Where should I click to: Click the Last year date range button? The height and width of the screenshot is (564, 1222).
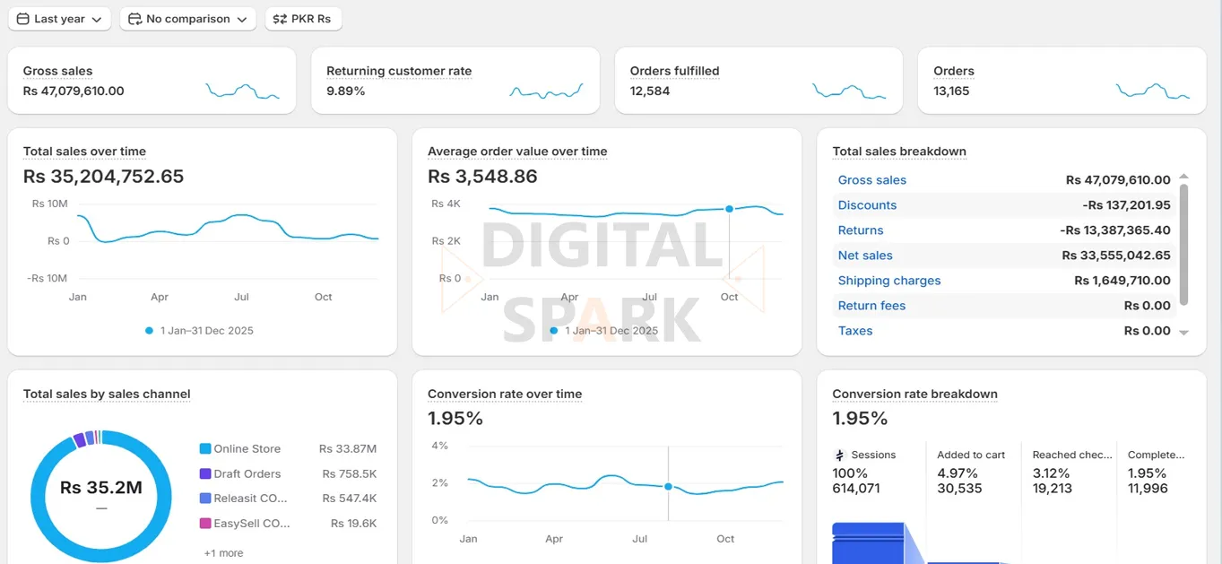59,19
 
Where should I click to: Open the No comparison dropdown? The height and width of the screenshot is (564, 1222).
187,19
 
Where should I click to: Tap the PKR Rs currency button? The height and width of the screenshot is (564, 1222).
303,19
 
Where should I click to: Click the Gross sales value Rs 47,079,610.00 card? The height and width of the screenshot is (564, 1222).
74,91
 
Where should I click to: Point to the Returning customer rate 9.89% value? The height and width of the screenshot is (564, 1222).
345,91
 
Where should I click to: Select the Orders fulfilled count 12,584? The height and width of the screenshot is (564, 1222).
650,91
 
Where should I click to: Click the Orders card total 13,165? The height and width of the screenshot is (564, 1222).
951,91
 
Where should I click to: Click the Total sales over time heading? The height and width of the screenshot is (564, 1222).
84,152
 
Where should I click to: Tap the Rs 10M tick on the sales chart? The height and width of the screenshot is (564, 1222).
50,204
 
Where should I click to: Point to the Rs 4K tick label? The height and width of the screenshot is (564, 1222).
446,204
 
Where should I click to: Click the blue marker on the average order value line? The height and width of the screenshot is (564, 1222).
729,209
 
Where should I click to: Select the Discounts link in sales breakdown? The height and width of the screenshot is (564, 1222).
867,205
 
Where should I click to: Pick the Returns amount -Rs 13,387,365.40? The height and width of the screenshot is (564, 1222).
1115,230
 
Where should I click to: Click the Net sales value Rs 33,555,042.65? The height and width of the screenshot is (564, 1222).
1116,256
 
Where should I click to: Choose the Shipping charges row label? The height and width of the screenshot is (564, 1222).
888,281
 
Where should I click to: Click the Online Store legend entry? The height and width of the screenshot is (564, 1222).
247,448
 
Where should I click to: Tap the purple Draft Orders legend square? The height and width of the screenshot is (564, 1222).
205,473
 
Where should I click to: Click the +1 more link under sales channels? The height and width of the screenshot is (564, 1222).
223,552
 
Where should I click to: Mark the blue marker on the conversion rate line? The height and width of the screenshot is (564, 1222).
668,486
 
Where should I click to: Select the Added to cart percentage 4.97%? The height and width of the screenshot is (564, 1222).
957,473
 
